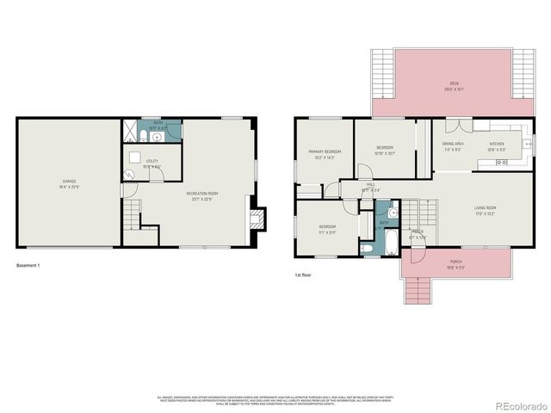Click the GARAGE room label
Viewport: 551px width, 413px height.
69,182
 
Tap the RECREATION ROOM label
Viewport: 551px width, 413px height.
202,194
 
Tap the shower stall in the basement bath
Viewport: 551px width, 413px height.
130,133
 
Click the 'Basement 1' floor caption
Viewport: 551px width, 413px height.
28,265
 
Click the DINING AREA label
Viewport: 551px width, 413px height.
454,144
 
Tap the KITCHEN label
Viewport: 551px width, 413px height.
498,144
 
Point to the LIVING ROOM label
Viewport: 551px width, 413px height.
485,208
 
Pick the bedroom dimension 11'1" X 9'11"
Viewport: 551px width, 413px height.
328,231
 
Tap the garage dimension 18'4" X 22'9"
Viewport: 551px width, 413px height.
69,187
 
